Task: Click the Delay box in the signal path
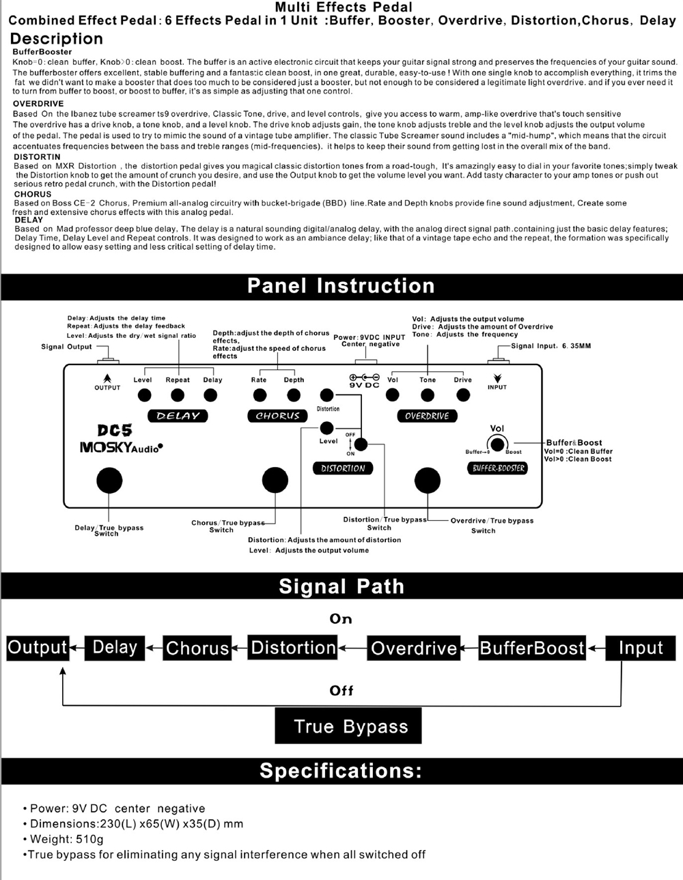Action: pos(115,647)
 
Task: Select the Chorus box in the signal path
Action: pos(197,647)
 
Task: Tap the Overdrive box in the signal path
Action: pos(414,647)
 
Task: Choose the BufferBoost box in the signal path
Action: pos(532,647)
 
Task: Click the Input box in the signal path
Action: pos(641,647)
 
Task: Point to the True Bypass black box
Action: pos(348,726)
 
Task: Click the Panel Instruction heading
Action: pos(341,285)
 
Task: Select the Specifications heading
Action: pos(341,771)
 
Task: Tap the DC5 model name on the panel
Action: pos(115,430)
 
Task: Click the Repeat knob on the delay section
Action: pos(178,395)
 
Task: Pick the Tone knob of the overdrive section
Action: pos(428,395)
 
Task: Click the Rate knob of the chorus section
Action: pos(260,395)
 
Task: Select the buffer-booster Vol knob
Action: pos(497,445)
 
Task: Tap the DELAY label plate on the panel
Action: pos(178,416)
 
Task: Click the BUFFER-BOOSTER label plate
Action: pos(499,468)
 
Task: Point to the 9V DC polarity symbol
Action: pos(364,378)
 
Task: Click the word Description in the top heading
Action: pos(57,39)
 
